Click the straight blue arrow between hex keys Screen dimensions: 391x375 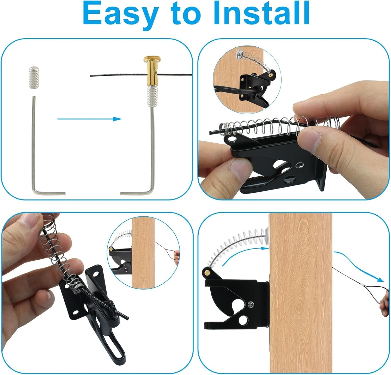tap(89, 119)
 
